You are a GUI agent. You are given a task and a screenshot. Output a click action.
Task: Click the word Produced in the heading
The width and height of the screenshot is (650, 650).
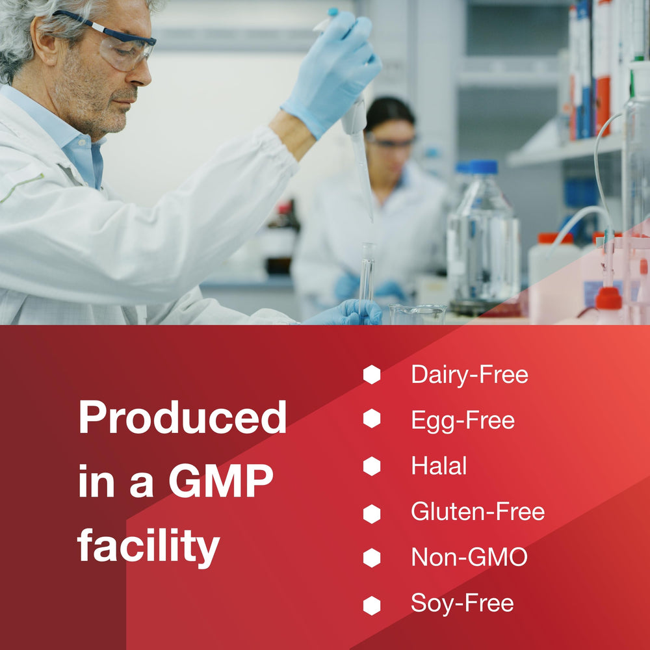[x=182, y=418]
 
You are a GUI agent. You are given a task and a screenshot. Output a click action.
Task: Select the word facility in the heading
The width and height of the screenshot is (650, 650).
[x=148, y=546]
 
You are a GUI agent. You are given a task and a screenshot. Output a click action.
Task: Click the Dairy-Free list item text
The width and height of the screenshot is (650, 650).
[x=469, y=375]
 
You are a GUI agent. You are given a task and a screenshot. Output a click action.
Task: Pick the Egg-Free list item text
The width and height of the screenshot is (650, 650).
[x=462, y=421]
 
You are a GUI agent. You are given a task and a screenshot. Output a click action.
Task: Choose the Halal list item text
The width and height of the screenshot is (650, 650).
[x=439, y=465]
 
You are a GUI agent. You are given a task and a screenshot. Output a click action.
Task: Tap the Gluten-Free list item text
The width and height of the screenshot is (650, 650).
[x=477, y=512]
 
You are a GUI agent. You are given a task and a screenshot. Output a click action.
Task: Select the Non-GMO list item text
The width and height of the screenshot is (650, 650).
[x=469, y=557]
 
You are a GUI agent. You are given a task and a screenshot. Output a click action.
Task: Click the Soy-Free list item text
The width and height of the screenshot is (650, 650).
[x=461, y=603]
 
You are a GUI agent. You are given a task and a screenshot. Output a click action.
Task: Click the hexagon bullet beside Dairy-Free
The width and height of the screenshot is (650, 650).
[x=371, y=375]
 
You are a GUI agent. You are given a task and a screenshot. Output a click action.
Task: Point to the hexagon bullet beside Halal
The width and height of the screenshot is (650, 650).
[x=371, y=466]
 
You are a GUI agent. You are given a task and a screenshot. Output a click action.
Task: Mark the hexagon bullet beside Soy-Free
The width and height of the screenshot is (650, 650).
[x=371, y=605]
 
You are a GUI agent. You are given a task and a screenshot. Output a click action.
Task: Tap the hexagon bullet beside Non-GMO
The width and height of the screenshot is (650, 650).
[x=371, y=558]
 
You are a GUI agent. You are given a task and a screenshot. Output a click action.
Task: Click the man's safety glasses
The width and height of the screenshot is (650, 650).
[x=123, y=45]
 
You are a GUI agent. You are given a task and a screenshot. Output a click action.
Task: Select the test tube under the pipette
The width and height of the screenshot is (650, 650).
[x=367, y=273]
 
